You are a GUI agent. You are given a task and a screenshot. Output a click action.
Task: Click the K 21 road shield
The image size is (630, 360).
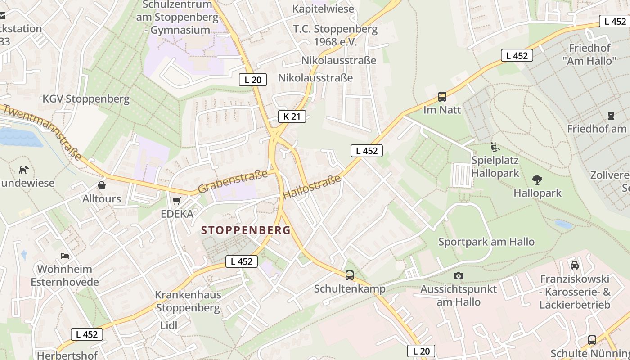pyautogui.click(x=292, y=117)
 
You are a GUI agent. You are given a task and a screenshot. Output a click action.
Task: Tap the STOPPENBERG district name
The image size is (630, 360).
pyautogui.click(x=246, y=230)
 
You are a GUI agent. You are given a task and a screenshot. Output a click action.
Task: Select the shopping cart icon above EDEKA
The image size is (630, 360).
pyautogui.click(x=176, y=201)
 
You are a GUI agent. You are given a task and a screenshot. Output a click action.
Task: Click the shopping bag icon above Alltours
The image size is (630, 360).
pyautogui.click(x=102, y=185)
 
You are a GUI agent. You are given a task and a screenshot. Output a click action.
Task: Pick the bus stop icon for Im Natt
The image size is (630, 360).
pyautogui.click(x=442, y=96)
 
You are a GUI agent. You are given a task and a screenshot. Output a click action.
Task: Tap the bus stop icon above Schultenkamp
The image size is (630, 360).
pyautogui.click(x=350, y=275)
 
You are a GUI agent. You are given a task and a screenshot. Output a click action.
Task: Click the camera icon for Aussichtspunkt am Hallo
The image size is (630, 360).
pyautogui.click(x=459, y=276)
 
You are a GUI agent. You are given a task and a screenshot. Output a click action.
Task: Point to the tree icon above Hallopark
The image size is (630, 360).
pyautogui.click(x=537, y=180)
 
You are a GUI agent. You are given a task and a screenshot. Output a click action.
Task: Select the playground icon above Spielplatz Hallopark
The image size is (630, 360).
pyautogui.click(x=495, y=147)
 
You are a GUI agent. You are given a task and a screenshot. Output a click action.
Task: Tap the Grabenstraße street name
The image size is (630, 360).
pyautogui.click(x=233, y=181)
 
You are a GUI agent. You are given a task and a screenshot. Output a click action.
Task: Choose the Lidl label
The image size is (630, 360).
pyautogui.click(x=169, y=325)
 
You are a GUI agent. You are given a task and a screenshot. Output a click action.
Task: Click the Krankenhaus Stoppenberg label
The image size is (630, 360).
pyautogui.click(x=188, y=301)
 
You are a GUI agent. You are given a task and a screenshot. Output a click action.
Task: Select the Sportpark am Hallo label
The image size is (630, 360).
pyautogui.click(x=486, y=242)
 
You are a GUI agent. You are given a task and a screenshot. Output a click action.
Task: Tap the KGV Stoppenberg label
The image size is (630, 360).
pyautogui.click(x=86, y=99)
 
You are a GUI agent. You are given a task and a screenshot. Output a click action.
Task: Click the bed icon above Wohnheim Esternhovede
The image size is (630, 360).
pyautogui.click(x=65, y=256)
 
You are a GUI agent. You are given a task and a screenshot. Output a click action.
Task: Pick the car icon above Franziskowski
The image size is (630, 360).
pyautogui.click(x=575, y=265)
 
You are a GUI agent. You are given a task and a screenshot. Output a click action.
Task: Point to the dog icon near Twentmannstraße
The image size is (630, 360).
pyautogui.click(x=23, y=170)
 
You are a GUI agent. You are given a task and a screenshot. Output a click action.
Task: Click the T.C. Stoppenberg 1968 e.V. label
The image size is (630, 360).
pyautogui.click(x=335, y=36)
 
